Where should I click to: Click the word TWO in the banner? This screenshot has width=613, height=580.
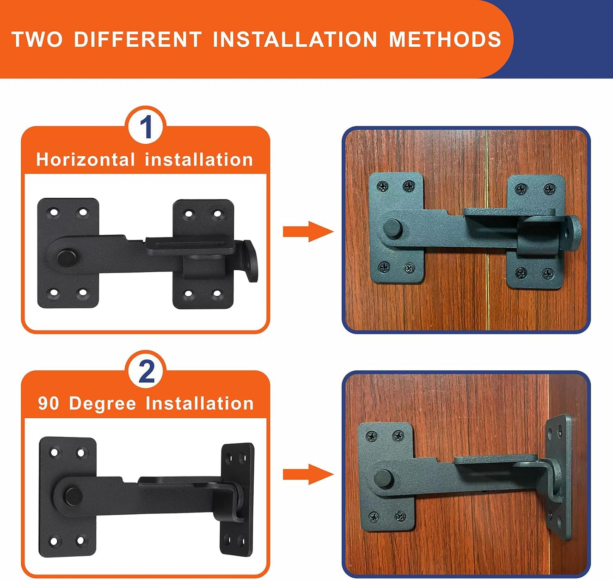(37, 39)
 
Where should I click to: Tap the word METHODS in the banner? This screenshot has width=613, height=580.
(445, 39)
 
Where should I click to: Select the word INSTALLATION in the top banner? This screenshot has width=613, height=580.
(295, 39)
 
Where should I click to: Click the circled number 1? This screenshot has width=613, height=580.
(146, 127)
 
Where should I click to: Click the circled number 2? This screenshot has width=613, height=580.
(146, 371)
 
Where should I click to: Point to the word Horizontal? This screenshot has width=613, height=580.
(85, 160)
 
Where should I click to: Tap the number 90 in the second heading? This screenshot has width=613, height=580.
(48, 403)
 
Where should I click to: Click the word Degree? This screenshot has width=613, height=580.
(102, 403)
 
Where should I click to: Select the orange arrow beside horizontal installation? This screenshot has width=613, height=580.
(308, 232)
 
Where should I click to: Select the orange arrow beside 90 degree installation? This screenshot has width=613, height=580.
(308, 474)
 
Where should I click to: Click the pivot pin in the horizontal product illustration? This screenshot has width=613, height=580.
(65, 257)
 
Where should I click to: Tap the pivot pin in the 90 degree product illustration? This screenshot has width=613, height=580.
(73, 496)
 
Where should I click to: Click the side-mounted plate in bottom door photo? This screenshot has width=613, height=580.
(557, 475)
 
